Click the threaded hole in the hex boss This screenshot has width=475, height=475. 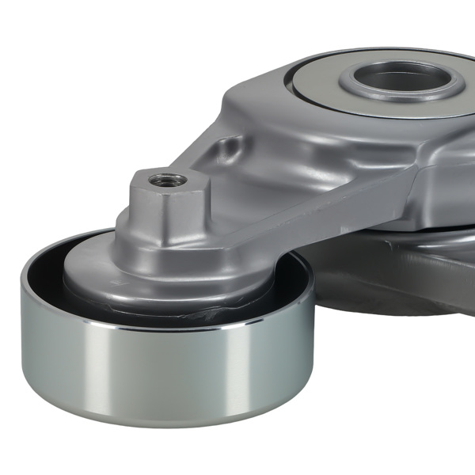point(169,180)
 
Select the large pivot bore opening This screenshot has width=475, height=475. point(401,78)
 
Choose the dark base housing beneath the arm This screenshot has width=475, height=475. point(396,277)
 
